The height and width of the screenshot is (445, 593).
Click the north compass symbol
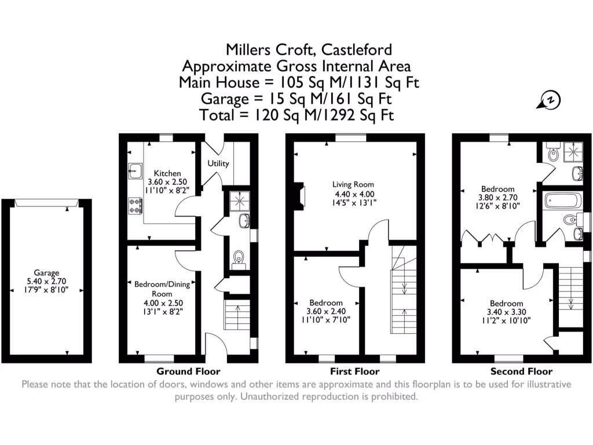click(551, 100)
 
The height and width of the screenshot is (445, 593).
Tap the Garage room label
click(47, 272)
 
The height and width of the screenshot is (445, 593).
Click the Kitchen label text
click(167, 173)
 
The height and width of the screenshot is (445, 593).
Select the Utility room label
click(218, 164)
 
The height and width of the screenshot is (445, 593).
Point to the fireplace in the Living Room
click(299, 194)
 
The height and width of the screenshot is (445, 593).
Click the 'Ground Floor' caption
click(188, 371)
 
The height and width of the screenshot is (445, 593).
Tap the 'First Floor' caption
click(354, 371)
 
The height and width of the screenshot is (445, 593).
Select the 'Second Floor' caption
click(521, 371)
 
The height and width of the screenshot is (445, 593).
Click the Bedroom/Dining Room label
click(162, 289)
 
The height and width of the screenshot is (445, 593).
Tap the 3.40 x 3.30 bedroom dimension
click(506, 312)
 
